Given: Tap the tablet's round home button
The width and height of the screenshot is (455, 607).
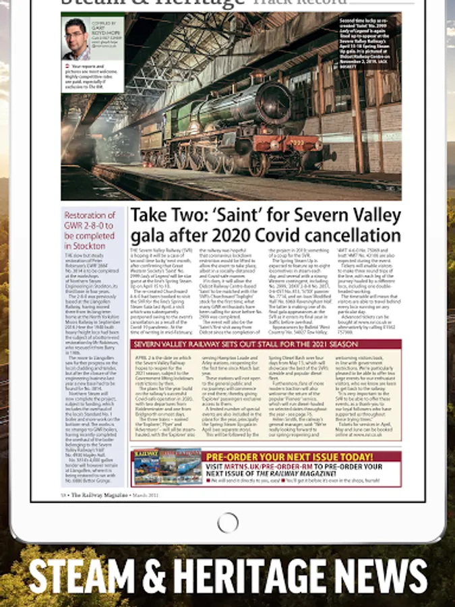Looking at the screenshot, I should tap(228, 522).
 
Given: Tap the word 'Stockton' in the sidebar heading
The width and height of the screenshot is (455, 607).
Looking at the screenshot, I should tap(85, 245).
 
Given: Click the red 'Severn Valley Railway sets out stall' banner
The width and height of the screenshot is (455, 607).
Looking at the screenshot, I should tap(266, 344).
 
